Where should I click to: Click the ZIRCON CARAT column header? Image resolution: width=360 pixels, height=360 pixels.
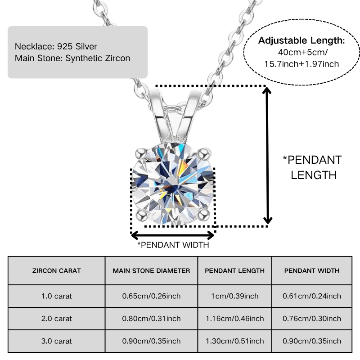57,271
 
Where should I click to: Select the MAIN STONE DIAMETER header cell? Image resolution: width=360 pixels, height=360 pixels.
151,271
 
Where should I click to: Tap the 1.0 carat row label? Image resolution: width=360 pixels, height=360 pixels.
57,296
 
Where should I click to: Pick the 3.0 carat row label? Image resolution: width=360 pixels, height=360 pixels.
57,341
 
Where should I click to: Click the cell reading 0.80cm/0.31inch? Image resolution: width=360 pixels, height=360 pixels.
151,319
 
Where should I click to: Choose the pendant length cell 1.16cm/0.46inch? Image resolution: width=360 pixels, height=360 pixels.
234,319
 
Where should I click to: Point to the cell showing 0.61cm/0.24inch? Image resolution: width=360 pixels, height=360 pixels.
312,296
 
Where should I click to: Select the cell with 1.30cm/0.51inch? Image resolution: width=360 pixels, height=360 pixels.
234,341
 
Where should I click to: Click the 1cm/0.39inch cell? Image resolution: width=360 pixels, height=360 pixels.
234,296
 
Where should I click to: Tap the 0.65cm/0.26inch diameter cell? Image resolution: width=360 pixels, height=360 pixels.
151,296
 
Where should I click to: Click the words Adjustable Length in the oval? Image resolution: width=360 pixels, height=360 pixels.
300,40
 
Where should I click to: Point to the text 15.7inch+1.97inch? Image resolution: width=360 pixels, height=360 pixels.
301,64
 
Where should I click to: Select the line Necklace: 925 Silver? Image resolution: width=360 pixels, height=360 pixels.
56,47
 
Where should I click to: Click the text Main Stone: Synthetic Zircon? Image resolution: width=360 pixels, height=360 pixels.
72,58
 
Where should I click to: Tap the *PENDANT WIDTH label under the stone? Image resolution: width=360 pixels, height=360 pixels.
173,245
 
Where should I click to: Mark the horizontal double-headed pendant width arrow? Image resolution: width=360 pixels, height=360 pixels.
173,235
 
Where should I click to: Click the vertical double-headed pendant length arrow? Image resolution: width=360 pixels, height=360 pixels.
267,156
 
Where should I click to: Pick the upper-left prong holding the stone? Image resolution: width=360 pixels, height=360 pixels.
140,153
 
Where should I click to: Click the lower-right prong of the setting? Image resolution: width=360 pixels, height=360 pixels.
204,215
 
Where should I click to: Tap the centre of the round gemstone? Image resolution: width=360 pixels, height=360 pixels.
173,184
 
